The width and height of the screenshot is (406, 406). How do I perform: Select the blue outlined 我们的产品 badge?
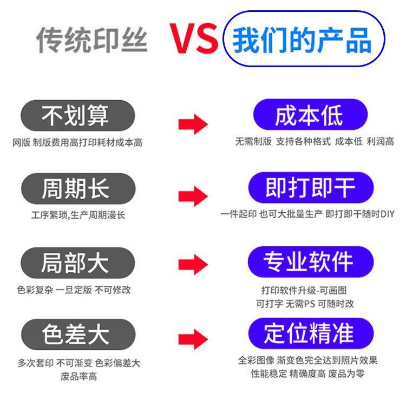point(303,39)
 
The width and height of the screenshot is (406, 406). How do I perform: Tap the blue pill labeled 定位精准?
point(310,333)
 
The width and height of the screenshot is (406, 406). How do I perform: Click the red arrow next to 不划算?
point(193,124)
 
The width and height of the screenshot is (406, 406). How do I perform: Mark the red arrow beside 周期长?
point(193,196)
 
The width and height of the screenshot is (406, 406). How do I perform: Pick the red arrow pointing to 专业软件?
point(193,265)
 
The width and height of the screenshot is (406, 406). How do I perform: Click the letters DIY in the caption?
point(387,214)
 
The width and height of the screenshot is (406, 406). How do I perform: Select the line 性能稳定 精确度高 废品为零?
point(307,374)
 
